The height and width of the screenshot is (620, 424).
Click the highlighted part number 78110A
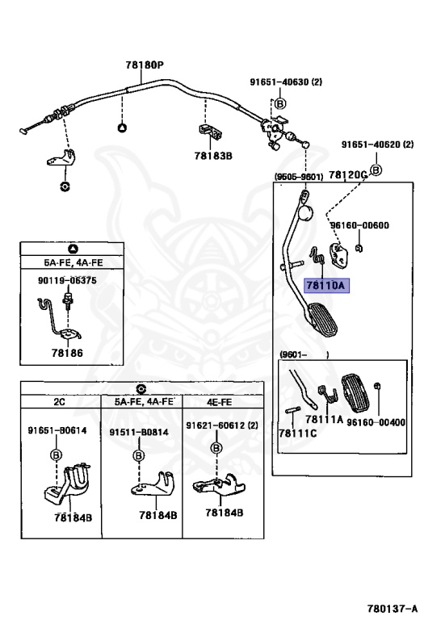pyautogui.click(x=326, y=285)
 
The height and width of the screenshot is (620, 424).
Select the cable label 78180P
pyautogui.click(x=145, y=65)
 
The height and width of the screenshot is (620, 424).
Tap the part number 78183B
pyautogui.click(x=213, y=156)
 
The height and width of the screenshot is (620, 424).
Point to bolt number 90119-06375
pyautogui.click(x=67, y=280)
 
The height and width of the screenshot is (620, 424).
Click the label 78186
pyautogui.click(x=67, y=353)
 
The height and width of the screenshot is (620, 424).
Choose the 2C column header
pyautogui.click(x=59, y=402)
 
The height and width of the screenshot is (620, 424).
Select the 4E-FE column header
pyautogui.click(x=220, y=402)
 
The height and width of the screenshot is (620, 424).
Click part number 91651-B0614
pyautogui.click(x=57, y=430)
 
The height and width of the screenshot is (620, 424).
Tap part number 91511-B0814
pyautogui.click(x=139, y=432)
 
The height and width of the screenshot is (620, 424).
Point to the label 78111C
pyautogui.click(x=298, y=433)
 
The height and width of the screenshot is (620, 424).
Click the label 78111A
pyautogui.click(x=324, y=419)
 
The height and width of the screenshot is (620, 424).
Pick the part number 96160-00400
pyautogui.click(x=376, y=422)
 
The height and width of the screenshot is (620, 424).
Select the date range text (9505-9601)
pyautogui.click(x=299, y=176)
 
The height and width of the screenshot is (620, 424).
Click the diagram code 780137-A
pyautogui.click(x=392, y=608)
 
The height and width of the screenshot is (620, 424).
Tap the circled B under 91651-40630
pyautogui.click(x=280, y=103)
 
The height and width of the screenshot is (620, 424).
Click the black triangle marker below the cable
pyautogui.click(x=122, y=128)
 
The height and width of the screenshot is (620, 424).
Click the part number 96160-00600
pyautogui.click(x=359, y=225)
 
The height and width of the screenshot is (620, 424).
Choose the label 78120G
pyautogui.click(x=347, y=174)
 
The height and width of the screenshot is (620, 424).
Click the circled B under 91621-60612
pyautogui.click(x=216, y=448)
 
